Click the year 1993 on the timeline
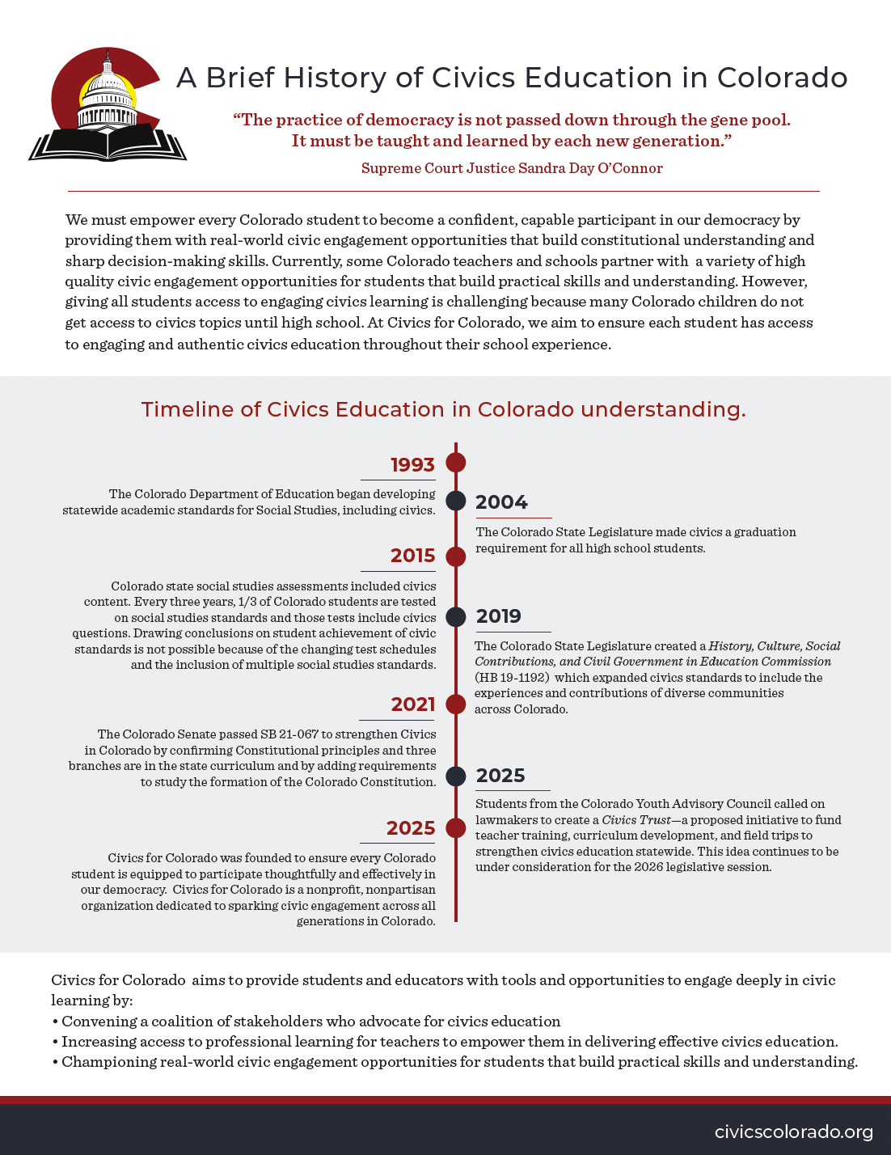coord(412,465)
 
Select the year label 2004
coord(501,502)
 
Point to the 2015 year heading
coord(412,556)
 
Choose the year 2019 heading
coord(499,616)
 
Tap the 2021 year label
coord(413,704)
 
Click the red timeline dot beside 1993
coord(456,463)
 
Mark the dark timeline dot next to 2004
coord(456,501)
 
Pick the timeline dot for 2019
coord(456,617)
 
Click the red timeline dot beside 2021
coord(456,704)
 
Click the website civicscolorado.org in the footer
coord(793,1132)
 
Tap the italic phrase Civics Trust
coord(636,820)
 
